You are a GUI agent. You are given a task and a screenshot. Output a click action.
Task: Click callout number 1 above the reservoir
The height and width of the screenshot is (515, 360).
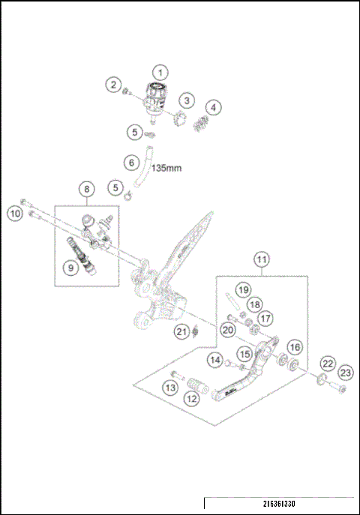(160, 72)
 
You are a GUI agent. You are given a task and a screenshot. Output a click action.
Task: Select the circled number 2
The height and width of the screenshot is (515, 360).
(113, 85)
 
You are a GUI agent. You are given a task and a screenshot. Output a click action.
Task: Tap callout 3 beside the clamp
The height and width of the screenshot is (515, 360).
(186, 100)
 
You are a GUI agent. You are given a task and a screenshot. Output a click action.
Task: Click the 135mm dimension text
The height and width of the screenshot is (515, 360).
(168, 169)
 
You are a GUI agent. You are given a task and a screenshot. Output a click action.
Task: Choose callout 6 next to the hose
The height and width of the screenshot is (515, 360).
(132, 162)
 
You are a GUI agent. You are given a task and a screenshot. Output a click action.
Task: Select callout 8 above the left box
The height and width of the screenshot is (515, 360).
(87, 190)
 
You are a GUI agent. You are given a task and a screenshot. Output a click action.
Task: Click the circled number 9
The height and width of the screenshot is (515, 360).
(70, 267)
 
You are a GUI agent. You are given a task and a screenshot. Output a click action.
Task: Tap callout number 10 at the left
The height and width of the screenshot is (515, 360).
(15, 214)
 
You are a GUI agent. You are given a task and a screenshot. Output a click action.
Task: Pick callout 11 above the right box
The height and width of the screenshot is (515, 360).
(261, 260)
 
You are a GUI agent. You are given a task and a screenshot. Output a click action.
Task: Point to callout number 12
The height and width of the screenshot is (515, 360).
(192, 400)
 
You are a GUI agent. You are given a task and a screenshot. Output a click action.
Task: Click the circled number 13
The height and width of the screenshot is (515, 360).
(170, 387)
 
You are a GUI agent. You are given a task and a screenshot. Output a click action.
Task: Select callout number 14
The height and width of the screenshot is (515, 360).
(216, 361)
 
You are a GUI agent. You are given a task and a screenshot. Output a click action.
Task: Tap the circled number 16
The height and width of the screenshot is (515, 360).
(295, 347)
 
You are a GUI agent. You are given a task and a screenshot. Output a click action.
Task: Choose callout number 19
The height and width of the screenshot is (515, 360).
(242, 289)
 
